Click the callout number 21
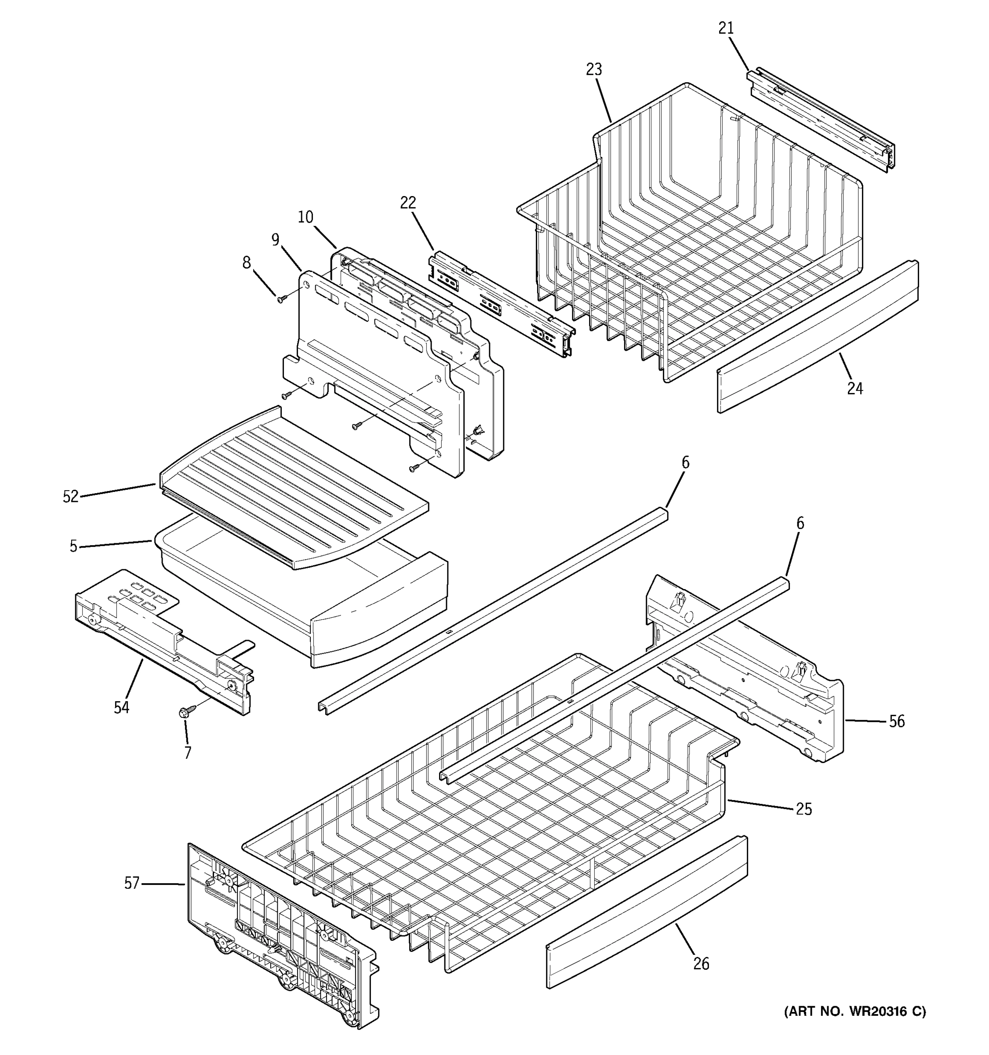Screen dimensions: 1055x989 (726, 28)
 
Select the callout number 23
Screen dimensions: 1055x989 (594, 69)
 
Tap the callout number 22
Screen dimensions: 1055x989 (407, 203)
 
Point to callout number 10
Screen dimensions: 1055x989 (305, 217)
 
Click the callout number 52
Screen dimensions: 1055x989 (71, 497)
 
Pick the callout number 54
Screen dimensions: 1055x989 (121, 707)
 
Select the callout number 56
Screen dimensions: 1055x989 (897, 722)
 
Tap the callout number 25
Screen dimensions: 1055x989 (804, 809)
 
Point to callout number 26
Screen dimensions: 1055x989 (701, 964)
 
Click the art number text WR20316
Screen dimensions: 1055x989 (876, 1012)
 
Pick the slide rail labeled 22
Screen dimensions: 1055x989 (502, 302)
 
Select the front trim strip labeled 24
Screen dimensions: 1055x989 (817, 337)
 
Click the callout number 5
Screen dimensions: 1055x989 (73, 546)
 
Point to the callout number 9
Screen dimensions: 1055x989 (275, 240)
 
